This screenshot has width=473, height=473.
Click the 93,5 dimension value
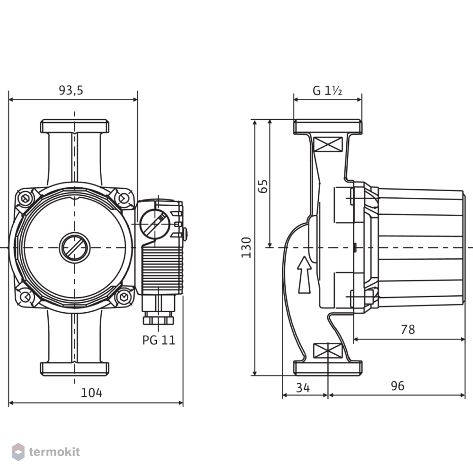[x=71, y=90]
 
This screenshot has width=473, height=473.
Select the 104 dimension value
[x=91, y=393]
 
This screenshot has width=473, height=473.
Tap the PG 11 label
[x=158, y=340]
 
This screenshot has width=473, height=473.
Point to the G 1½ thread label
[x=327, y=90]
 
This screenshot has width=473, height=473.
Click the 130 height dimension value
[x=246, y=247]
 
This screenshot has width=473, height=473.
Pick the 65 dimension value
[x=263, y=186]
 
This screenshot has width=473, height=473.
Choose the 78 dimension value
[x=408, y=330]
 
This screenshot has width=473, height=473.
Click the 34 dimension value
[x=303, y=388]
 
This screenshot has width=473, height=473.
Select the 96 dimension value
[x=398, y=386]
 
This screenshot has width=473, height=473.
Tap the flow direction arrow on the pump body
[x=304, y=275]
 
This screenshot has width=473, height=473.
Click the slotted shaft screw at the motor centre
[x=75, y=248]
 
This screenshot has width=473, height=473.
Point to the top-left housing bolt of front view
[x=25, y=199]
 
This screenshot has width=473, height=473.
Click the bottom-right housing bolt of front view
[x=123, y=298]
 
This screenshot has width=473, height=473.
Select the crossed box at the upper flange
[x=328, y=144]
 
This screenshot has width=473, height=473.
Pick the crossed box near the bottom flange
[x=328, y=351]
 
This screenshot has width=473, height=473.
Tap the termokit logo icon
[x=18, y=452]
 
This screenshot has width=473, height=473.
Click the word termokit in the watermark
[x=54, y=452]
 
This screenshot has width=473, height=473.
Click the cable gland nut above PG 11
[x=158, y=318]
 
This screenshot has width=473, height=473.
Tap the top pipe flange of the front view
[x=75, y=126]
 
